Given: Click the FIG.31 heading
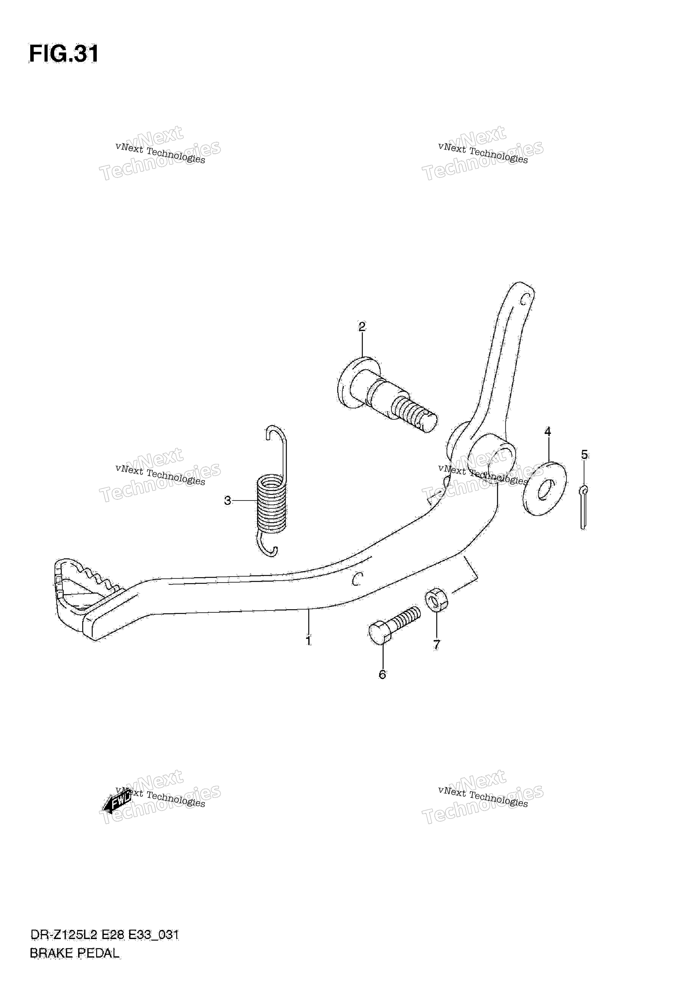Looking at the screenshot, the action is pyautogui.click(x=64, y=54).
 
